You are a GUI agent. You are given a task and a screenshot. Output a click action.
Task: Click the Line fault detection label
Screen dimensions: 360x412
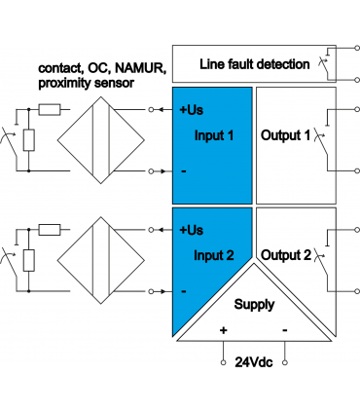255,64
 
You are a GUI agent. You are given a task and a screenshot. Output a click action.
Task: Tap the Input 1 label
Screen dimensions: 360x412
214,135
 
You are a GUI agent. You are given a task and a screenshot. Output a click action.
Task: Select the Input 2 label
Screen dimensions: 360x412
214,255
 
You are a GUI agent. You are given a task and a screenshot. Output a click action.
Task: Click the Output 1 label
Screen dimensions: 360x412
286,135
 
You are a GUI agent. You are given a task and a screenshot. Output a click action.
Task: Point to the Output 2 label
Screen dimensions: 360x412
286,255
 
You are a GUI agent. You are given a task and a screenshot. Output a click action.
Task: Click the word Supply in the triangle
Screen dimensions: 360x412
255,305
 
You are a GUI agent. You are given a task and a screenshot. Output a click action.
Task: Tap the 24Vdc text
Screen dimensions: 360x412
254,362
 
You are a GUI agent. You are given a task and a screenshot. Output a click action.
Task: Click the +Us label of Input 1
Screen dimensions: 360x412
192,110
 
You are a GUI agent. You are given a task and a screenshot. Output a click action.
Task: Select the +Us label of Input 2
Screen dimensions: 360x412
192,230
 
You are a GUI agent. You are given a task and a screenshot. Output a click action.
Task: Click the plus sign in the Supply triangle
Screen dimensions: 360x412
223,330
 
